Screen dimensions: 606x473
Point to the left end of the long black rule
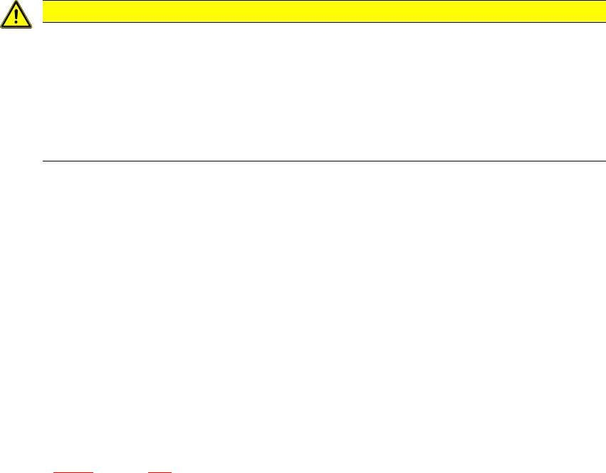pos(44,161)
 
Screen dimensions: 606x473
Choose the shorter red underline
pos(160,471)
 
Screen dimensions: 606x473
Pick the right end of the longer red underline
pos(93,471)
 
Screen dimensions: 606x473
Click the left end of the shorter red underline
pos(148,471)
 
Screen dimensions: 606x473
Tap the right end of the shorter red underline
pos(172,471)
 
